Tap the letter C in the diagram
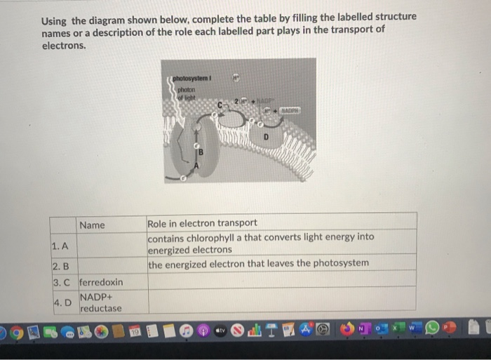(220, 105)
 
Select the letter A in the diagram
(197, 166)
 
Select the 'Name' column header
(92, 225)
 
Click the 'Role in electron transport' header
(202, 223)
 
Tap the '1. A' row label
(60, 246)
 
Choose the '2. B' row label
(61, 267)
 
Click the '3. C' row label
(62, 282)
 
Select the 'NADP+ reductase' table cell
(101, 303)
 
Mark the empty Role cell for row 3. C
(281, 282)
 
